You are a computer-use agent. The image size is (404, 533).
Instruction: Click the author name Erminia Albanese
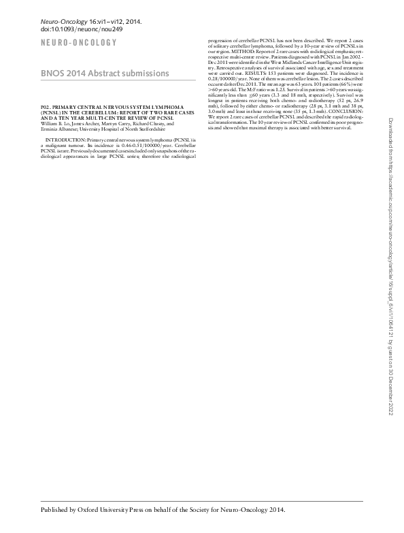click(63, 129)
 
